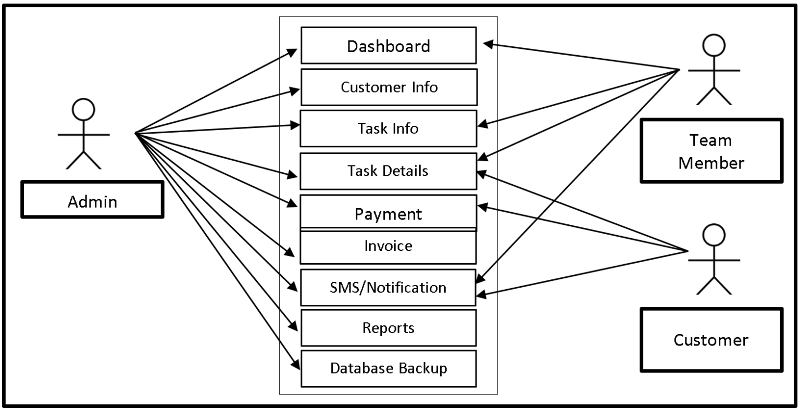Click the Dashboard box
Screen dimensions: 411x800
pyautogui.click(x=389, y=46)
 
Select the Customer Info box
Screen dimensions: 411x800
pyautogui.click(x=389, y=87)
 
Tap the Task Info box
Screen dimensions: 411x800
pyautogui.click(x=389, y=128)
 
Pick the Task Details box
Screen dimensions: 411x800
pyautogui.click(x=389, y=171)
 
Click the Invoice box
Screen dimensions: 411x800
pyautogui.click(x=389, y=247)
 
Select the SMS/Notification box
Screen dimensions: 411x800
pyautogui.click(x=389, y=287)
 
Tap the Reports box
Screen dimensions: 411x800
pyautogui.click(x=389, y=328)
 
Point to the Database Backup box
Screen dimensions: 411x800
pyautogui.click(x=389, y=368)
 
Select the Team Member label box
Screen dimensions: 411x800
pyautogui.click(x=711, y=151)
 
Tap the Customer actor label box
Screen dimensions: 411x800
pyautogui.click(x=711, y=340)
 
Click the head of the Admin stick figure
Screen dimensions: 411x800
pyautogui.click(x=83, y=110)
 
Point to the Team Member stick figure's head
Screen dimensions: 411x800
pyautogui.click(x=714, y=46)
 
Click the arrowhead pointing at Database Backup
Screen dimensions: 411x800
pyautogui.click(x=296, y=365)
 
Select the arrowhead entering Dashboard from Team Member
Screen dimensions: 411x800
pyautogui.click(x=488, y=45)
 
